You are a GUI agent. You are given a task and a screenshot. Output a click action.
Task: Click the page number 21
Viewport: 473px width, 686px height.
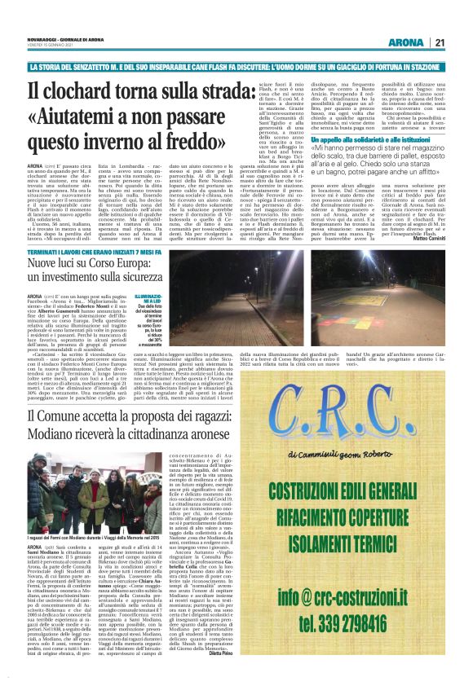(440, 42)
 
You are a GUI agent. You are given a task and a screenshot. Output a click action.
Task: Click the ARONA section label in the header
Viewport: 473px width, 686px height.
(405, 42)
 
